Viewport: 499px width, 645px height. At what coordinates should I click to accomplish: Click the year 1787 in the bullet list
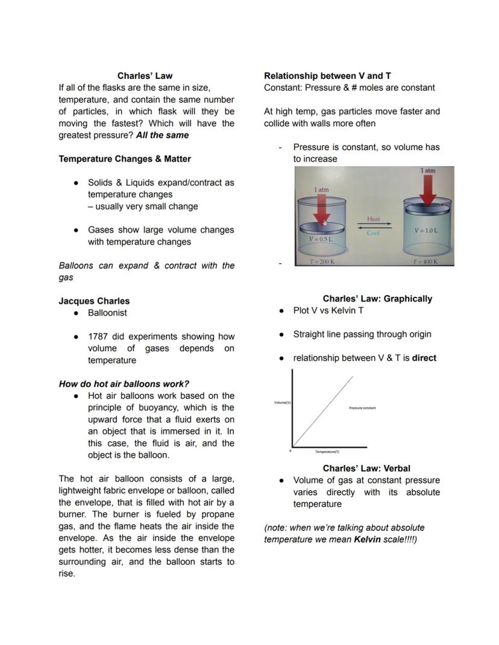[x=98, y=337]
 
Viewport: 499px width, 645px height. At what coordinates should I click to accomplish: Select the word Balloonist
[x=107, y=313]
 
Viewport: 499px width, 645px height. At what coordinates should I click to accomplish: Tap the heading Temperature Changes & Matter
[x=125, y=159]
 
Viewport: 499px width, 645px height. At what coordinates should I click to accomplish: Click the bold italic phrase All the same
[x=162, y=136]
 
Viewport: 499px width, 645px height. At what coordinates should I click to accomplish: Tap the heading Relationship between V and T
[x=327, y=76]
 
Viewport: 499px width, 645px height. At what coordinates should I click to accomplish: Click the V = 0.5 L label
[x=320, y=239]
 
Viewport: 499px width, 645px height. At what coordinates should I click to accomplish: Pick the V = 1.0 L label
[x=425, y=231]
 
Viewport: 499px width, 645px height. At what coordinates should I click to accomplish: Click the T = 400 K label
[x=425, y=262]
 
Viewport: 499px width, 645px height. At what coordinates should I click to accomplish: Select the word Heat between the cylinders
[x=373, y=219]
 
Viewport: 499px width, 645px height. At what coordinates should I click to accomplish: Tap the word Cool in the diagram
[x=373, y=233]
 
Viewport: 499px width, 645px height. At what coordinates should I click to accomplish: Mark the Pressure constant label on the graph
[x=362, y=408]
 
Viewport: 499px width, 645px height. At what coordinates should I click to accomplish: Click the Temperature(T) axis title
[x=327, y=451]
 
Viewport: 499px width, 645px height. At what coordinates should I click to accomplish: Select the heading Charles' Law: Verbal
[x=366, y=469]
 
